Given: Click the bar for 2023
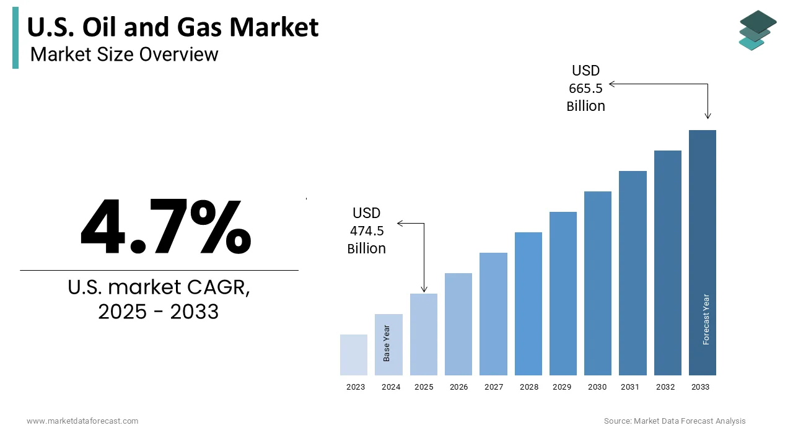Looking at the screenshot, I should point(353,355).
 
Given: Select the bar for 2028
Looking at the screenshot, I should point(528,304).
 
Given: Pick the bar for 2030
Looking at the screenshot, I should point(597,283).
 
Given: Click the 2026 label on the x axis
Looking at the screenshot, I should point(458,387).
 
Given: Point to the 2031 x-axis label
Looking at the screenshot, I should point(630,387).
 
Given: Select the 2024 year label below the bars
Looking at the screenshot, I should point(390,387).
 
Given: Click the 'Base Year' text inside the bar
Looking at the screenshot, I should point(387,343).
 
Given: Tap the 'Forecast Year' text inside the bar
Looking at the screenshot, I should point(706,319).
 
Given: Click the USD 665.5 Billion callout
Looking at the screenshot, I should point(585,89).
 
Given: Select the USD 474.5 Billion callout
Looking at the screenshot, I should point(367,231).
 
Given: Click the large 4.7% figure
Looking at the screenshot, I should point(165,228).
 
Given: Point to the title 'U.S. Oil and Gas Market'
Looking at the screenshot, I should point(173,27).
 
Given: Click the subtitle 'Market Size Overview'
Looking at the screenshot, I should point(124,55).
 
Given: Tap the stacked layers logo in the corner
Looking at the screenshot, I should point(757,30).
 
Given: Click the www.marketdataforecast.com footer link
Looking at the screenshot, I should point(82,421).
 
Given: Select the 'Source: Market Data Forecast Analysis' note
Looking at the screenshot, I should point(675,421).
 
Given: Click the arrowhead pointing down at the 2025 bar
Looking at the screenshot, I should point(424,288).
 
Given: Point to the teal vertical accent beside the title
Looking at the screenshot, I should point(15,38).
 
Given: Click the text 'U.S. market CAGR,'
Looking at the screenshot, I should point(159,288).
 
